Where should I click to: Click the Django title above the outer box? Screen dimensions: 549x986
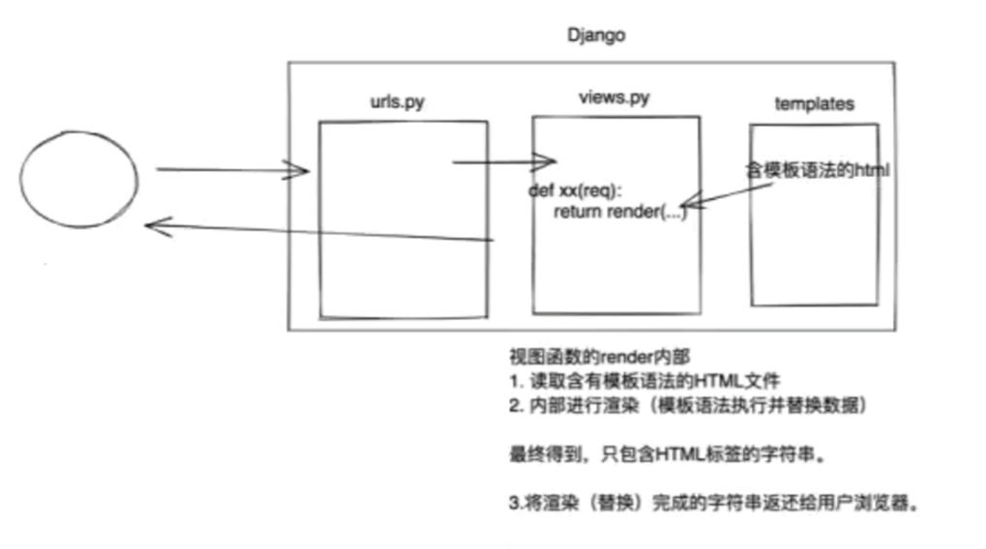coord(596,36)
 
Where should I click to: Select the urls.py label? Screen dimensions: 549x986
coord(397,101)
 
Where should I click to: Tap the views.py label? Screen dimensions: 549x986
coord(613,99)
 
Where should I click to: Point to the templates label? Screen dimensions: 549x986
coord(815,103)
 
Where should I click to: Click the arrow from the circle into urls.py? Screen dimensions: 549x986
coord(231,171)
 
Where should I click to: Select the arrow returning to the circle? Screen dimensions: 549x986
coord(318,233)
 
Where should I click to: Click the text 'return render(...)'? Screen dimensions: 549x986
coord(619,213)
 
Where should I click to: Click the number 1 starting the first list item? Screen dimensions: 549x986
coord(515,383)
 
